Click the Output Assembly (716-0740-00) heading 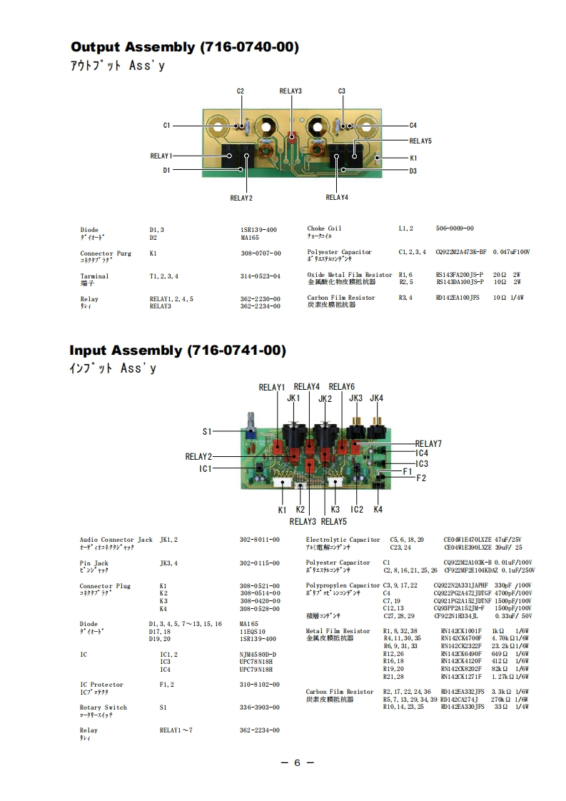pyautogui.click(x=184, y=47)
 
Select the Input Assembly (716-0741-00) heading pyautogui.click(x=178, y=351)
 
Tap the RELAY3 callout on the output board pyautogui.click(x=290, y=91)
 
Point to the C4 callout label pyautogui.click(x=413, y=126)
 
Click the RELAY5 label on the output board pyautogui.click(x=420, y=141)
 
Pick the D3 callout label pyautogui.click(x=413, y=171)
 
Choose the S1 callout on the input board pyautogui.click(x=207, y=431)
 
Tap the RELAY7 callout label pyautogui.click(x=428, y=444)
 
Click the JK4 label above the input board pyautogui.click(x=377, y=398)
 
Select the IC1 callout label pyautogui.click(x=206, y=468)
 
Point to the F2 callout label pyautogui.click(x=421, y=478)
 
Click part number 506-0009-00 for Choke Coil pyautogui.click(x=455, y=228)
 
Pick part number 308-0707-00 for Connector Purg pyautogui.click(x=261, y=253)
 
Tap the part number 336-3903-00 pyautogui.click(x=259, y=707)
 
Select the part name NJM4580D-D pyautogui.click(x=258, y=655)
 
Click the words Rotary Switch pyautogui.click(x=103, y=707)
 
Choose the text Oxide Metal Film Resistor pyautogui.click(x=350, y=275)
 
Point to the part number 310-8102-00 pyautogui.click(x=259, y=685)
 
